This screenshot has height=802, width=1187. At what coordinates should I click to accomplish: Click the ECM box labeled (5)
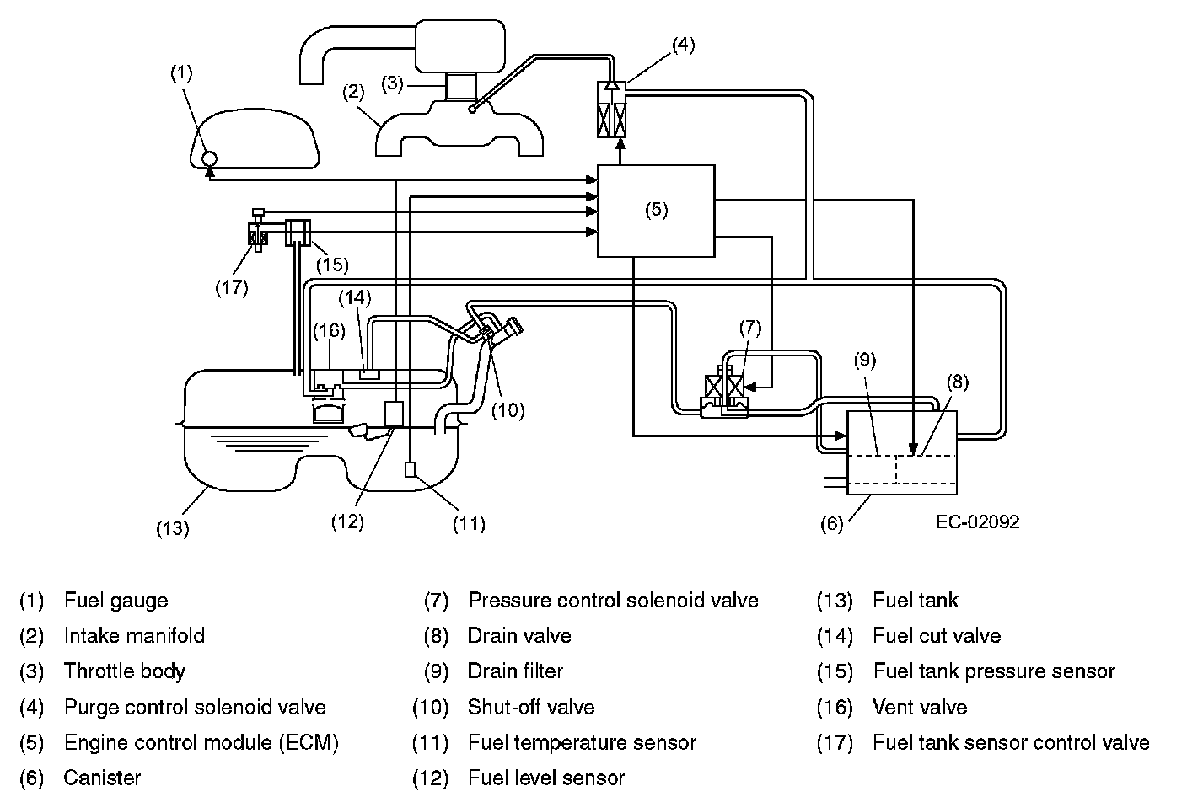pyautogui.click(x=656, y=211)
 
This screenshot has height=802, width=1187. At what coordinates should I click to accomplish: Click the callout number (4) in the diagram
pyautogui.click(x=683, y=45)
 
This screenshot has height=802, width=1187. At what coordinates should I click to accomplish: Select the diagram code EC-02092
pyautogui.click(x=977, y=522)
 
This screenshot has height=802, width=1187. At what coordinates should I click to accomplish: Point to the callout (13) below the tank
pyautogui.click(x=172, y=528)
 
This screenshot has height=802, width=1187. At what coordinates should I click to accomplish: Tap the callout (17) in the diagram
pyautogui.click(x=231, y=287)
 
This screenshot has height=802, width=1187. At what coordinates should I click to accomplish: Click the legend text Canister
pyautogui.click(x=102, y=778)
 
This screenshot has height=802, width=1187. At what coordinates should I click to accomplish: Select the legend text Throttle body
pyautogui.click(x=125, y=671)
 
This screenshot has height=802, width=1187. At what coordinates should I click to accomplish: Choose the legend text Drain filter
pyautogui.click(x=515, y=671)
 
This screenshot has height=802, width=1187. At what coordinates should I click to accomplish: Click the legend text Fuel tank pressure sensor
pyautogui.click(x=994, y=671)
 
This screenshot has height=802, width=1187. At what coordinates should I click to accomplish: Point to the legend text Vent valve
pyautogui.click(x=920, y=707)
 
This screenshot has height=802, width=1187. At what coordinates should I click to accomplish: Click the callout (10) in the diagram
pyautogui.click(x=508, y=410)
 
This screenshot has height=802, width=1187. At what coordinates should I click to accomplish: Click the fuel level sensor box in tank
pyautogui.click(x=394, y=414)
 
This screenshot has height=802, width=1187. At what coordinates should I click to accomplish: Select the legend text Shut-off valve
pyautogui.click(x=531, y=707)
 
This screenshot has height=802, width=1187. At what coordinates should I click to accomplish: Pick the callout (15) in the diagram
pyautogui.click(x=332, y=265)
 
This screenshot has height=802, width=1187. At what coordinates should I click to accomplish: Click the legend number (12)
pyautogui.click(x=430, y=778)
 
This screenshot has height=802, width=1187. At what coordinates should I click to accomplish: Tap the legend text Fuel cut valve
pyautogui.click(x=937, y=636)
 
